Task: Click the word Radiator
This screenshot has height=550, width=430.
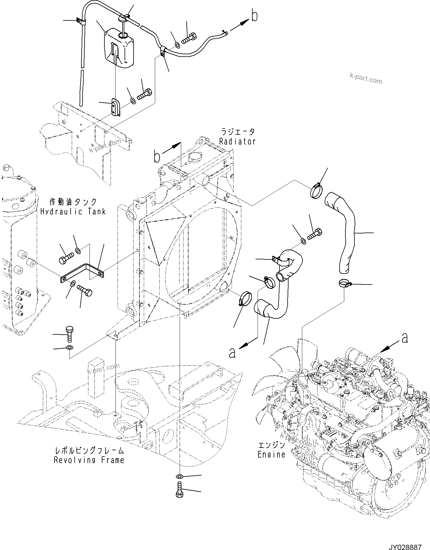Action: click(237, 142)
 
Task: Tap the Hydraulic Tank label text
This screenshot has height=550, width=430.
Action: click(73, 212)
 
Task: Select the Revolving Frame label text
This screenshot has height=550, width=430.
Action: click(89, 460)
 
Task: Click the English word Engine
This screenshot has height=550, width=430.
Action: click(271, 454)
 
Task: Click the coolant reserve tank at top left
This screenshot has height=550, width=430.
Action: click(119, 50)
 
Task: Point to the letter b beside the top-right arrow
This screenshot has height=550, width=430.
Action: click(254, 16)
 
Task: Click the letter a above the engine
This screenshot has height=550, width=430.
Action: click(404, 338)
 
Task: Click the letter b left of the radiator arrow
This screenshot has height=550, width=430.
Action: click(157, 157)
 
